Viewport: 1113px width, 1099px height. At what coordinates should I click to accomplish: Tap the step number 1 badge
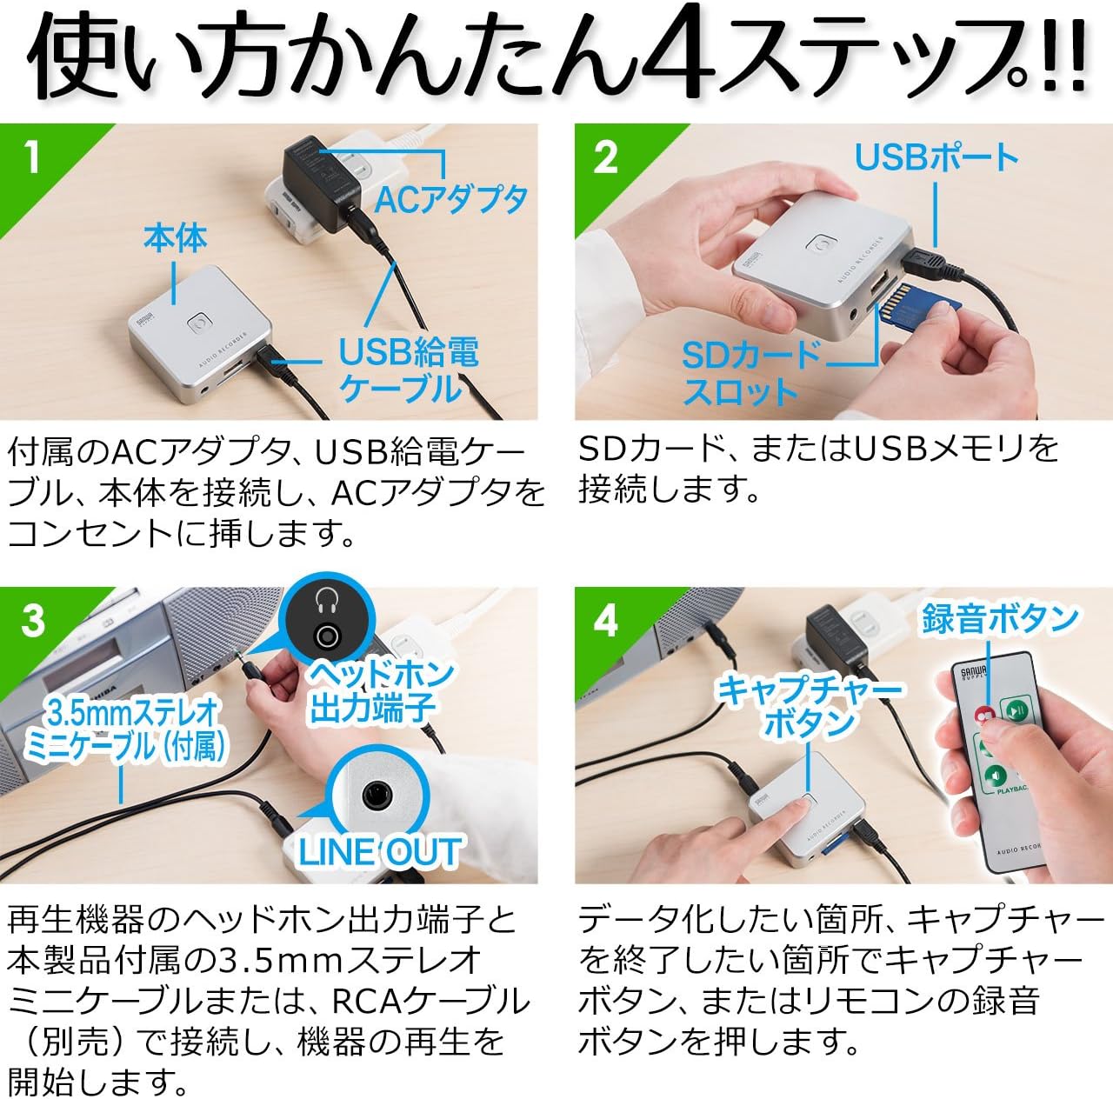coord(32,157)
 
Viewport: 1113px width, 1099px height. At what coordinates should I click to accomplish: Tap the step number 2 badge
coord(606,157)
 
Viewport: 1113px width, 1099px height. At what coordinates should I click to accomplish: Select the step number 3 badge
coord(33,621)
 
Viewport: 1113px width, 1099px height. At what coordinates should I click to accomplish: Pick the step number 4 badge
coord(606,621)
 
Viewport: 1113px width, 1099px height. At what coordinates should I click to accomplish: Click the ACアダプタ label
coord(450,200)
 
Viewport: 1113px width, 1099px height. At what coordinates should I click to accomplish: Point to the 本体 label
coord(176,238)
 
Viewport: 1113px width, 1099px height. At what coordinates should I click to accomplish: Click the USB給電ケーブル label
coord(408,370)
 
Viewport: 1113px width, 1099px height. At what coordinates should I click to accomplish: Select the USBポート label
coord(936,157)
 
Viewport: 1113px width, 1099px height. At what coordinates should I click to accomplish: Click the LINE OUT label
coord(379,852)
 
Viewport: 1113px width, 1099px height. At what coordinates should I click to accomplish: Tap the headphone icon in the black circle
coord(327,600)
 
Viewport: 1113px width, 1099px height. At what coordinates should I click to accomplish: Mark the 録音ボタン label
coord(1000,618)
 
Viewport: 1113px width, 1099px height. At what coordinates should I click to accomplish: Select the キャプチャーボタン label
coord(809,706)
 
